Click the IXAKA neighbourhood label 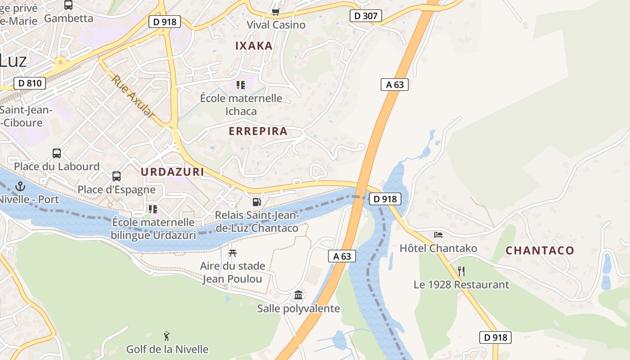point(254,45)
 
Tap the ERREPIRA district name point(258,131)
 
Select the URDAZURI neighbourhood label point(172,171)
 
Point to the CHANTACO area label point(540,250)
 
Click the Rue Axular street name point(133,96)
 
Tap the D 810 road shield point(30,83)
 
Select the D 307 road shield point(366,16)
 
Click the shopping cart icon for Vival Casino point(275,12)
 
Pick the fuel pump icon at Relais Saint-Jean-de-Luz point(256,202)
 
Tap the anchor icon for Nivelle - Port point(20,186)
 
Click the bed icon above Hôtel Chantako point(438,234)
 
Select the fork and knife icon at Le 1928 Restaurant point(461,271)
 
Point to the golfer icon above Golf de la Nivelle point(166,336)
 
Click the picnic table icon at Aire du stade point(232,253)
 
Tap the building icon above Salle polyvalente point(298,295)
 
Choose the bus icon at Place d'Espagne point(117,176)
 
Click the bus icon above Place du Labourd point(57,153)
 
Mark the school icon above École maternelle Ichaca point(241,85)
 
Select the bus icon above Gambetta point(68,5)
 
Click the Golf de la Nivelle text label point(167,349)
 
